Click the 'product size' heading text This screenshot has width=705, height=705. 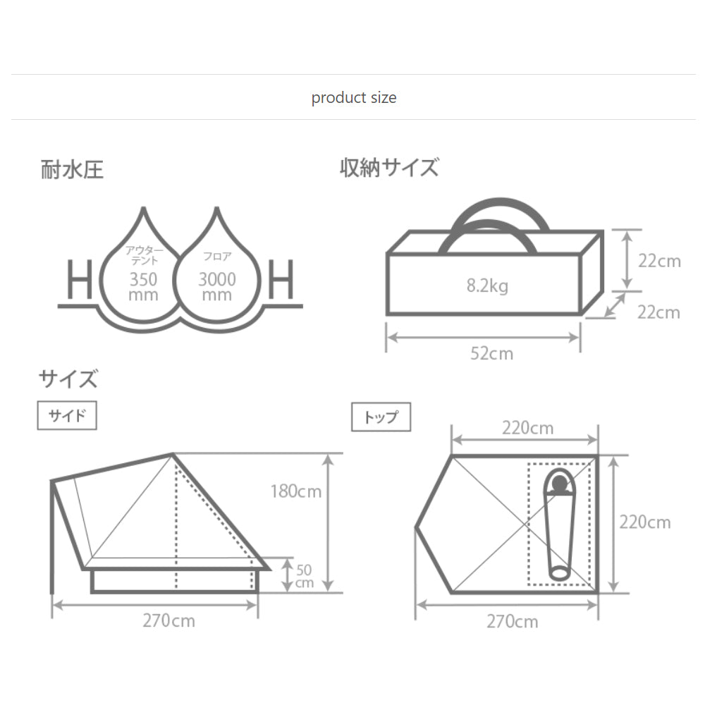354,97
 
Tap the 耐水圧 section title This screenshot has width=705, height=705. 73,171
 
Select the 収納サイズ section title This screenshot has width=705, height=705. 389,168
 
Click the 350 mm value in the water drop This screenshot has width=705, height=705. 143,286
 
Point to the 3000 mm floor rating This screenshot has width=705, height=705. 216,286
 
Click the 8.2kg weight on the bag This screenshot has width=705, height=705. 487,286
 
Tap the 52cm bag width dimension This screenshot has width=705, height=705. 492,353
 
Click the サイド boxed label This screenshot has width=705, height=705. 66,416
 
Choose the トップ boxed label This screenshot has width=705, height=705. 381,417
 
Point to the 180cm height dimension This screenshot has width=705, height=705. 296,491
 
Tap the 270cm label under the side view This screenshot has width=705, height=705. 168,621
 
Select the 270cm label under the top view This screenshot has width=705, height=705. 512,621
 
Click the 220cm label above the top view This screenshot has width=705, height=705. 527,428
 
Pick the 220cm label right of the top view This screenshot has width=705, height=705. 645,522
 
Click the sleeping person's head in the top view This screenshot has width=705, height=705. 560,484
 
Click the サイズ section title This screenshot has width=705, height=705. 68,379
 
